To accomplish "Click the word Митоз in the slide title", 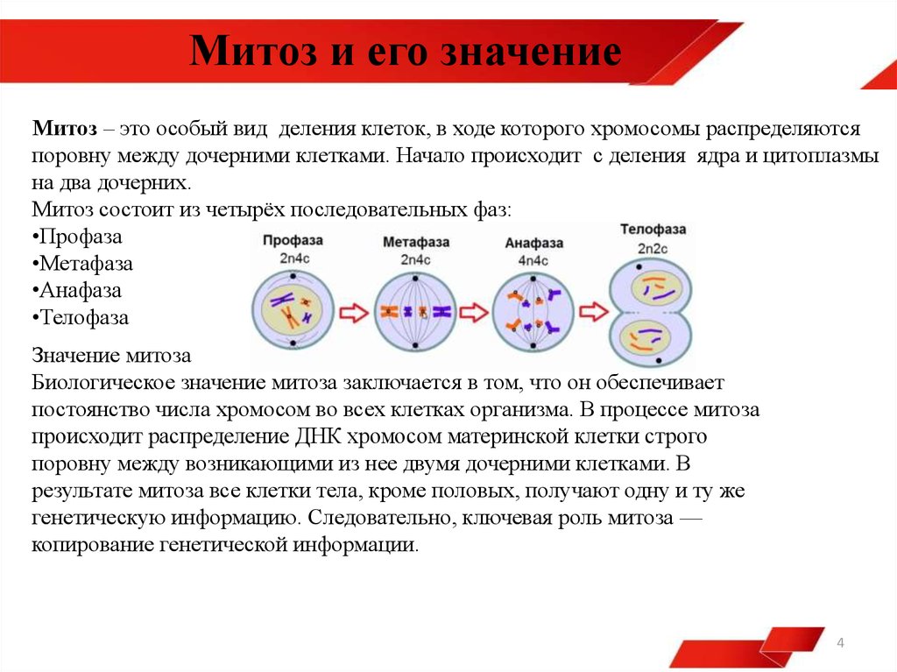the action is click(x=253, y=50).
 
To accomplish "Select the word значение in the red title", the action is click(x=531, y=52).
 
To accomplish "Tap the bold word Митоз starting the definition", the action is click(x=65, y=128).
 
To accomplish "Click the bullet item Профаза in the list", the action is click(x=77, y=237).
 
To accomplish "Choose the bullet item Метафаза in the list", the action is click(x=82, y=264).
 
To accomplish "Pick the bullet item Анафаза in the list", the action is click(x=77, y=290).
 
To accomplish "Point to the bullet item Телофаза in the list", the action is click(x=80, y=318).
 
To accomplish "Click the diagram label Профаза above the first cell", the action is click(x=293, y=241).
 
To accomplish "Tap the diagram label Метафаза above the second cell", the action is click(x=416, y=242).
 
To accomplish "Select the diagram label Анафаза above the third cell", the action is click(x=533, y=244).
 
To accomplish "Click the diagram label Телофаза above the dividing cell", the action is click(x=653, y=230).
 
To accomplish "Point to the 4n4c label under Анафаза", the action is click(x=533, y=261).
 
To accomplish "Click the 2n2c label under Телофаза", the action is click(x=653, y=249).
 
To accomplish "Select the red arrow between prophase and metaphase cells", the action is click(x=354, y=313).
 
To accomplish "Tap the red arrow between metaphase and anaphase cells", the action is click(x=474, y=313).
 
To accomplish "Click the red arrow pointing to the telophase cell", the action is click(x=593, y=312).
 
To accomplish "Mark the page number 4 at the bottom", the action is click(x=840, y=643).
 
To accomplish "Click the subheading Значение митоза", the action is click(x=111, y=356).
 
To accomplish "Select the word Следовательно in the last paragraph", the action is click(x=382, y=518).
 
